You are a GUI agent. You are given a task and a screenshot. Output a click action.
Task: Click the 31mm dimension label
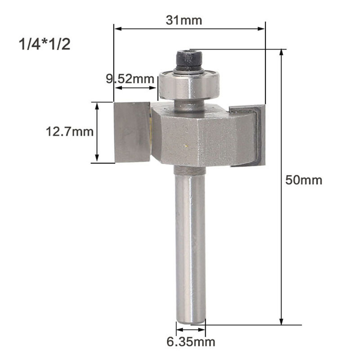coord(184,20)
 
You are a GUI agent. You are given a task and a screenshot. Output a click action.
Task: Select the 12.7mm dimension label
coord(70,132)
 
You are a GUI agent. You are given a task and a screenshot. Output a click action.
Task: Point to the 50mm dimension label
coord(304,180)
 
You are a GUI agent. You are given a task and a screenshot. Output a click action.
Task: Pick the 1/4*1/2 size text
coord(44,45)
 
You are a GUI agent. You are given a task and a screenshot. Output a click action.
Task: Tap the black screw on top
coord(189,61)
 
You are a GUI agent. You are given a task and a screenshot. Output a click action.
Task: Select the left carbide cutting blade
coord(132,131)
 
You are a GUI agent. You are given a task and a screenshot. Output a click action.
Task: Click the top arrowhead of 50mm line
coord(282,52)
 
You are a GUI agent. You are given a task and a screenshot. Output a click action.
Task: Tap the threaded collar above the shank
coord(189,170)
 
